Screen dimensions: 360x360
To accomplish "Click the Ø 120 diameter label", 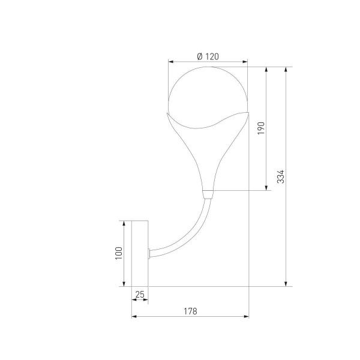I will coord(207,56).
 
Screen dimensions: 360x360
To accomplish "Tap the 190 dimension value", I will coord(260,128).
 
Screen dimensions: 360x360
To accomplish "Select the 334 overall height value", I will coord(280,176).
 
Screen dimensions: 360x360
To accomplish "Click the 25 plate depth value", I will coord(140,294).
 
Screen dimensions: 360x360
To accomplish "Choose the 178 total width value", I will coord(190,311).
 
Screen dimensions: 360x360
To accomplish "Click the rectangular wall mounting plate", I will coord(140,253).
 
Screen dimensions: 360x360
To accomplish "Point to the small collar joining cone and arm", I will coord(208,193).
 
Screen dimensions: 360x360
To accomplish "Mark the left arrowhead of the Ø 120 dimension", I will coord(170,61).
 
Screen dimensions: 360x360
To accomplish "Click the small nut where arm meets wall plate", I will coord(149,252).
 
